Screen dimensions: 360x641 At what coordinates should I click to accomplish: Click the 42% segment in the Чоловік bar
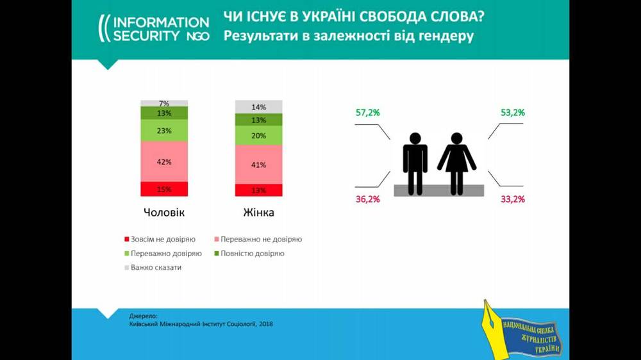[164, 161]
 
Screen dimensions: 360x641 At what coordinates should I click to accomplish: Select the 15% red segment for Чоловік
[164, 189]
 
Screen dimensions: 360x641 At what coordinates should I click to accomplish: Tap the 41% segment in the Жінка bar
[258, 164]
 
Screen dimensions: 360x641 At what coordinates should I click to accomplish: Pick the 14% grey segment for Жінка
[258, 107]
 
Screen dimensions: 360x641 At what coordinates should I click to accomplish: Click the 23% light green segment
[164, 130]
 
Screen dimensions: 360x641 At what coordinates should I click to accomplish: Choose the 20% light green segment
[258, 135]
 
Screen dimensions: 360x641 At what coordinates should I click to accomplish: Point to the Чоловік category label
[164, 212]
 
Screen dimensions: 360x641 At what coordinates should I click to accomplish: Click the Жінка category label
[258, 212]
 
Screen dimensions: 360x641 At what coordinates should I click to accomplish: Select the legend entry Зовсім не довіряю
[160, 240]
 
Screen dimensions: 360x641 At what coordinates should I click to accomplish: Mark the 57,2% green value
[368, 113]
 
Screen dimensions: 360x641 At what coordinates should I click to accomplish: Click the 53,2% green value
[513, 113]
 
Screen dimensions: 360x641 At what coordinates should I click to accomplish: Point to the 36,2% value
[368, 199]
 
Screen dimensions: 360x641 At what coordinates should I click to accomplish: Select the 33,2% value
[513, 199]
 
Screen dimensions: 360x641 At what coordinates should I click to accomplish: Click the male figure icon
[415, 163]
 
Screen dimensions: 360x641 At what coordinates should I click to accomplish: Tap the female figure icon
[456, 163]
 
